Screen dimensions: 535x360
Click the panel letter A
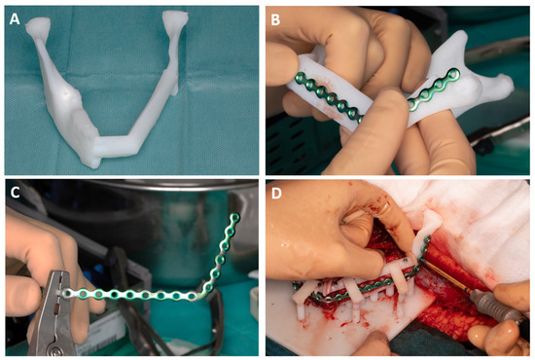[15, 18]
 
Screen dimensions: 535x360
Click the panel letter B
[275, 19]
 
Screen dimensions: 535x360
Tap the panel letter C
[15, 193]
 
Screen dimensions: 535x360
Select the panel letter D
[275, 194]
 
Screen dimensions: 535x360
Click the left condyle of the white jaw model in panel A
[37, 26]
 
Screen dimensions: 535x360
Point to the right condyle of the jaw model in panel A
[175, 18]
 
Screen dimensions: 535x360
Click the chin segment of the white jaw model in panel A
[116, 146]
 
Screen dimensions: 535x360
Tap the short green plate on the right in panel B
[434, 90]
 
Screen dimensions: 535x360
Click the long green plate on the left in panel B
[327, 96]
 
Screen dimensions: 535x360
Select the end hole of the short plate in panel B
[453, 73]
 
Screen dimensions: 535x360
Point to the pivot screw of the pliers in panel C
[55, 348]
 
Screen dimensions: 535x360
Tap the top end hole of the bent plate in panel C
[234, 217]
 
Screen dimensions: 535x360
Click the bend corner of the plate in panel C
[200, 294]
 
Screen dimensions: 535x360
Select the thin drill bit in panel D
[446, 275]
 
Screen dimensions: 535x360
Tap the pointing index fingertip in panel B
[392, 99]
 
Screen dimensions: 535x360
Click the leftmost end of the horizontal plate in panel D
[296, 284]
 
